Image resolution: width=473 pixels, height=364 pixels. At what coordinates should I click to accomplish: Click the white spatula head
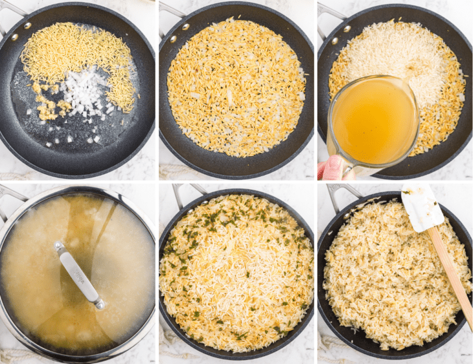[x=421, y=207]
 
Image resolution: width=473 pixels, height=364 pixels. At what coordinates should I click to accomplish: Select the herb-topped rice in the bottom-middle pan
[x=236, y=272]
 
